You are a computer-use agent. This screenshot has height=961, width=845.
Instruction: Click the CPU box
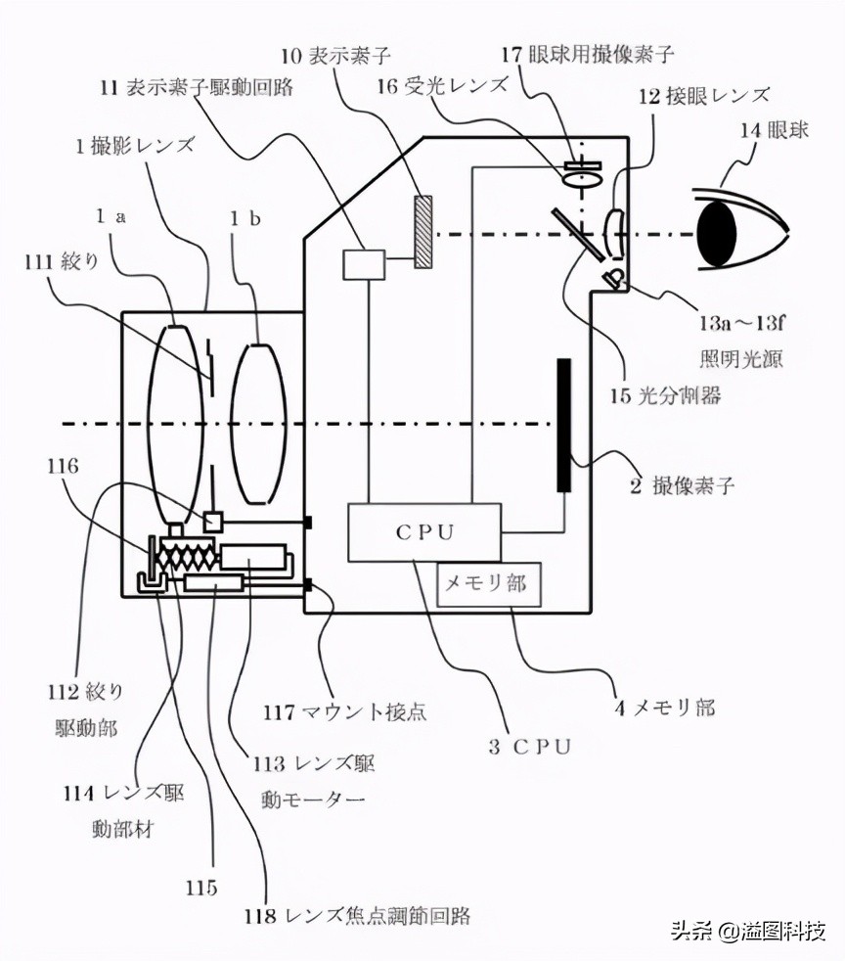[424, 532]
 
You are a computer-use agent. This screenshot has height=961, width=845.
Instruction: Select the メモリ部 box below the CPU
[486, 584]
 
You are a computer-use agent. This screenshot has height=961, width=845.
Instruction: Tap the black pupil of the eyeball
[718, 233]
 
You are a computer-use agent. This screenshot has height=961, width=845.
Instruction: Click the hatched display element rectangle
[422, 232]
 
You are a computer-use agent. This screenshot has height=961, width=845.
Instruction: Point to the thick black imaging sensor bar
[563, 425]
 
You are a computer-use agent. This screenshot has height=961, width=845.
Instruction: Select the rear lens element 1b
[257, 423]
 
